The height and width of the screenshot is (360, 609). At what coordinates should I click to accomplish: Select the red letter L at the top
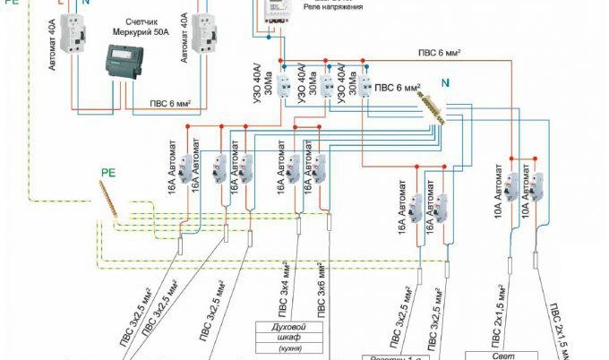pos(60,4)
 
